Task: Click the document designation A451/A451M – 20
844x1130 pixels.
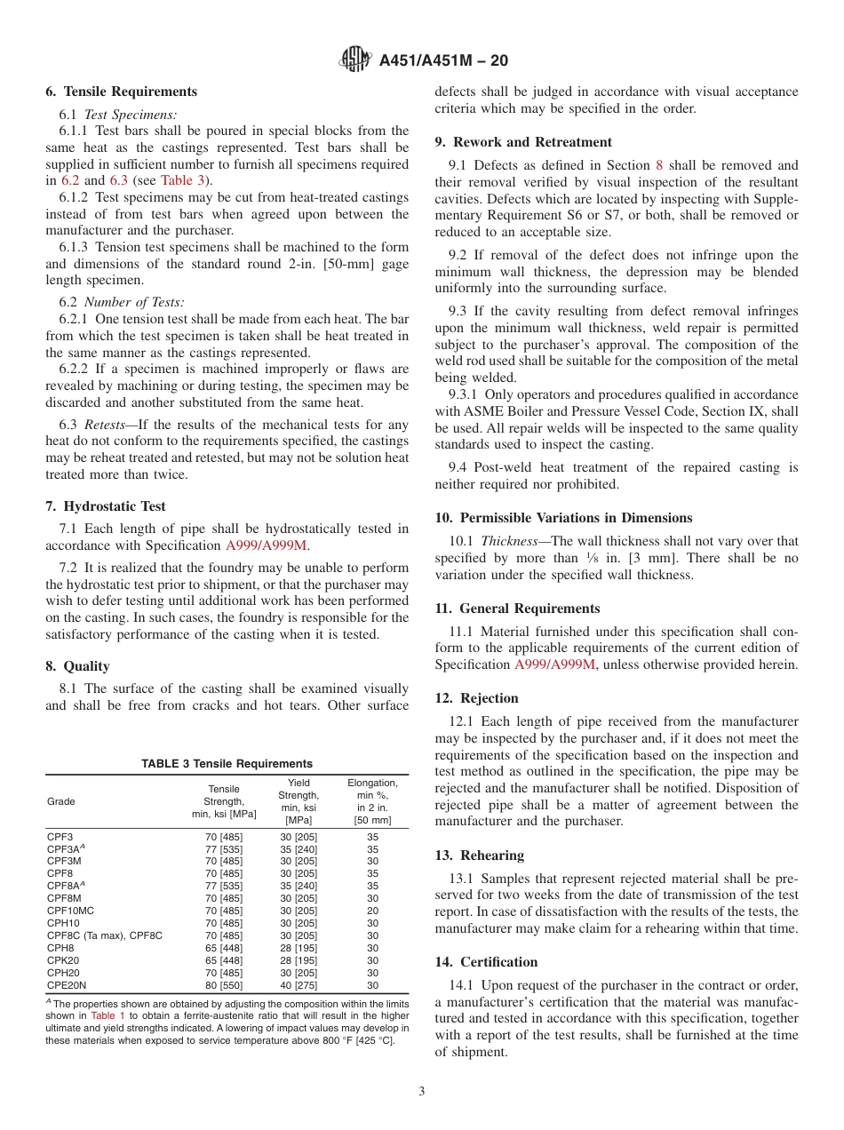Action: (443, 61)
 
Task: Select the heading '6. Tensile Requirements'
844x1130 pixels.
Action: (122, 92)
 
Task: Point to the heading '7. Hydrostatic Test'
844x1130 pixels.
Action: (106, 506)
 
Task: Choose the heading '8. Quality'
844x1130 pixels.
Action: (78, 666)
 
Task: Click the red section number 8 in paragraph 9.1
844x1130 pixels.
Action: (658, 165)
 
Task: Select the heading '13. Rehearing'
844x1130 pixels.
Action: (479, 855)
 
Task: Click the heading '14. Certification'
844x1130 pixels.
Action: (486, 962)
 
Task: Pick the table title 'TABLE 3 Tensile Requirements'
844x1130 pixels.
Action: (227, 764)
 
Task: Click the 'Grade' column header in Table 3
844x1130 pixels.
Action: (61, 801)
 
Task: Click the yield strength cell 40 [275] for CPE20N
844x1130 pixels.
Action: (299, 985)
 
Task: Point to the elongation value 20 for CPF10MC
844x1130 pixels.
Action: (372, 911)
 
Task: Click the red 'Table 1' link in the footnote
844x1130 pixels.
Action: (108, 1015)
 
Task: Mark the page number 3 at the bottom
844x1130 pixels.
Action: (422, 1092)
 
